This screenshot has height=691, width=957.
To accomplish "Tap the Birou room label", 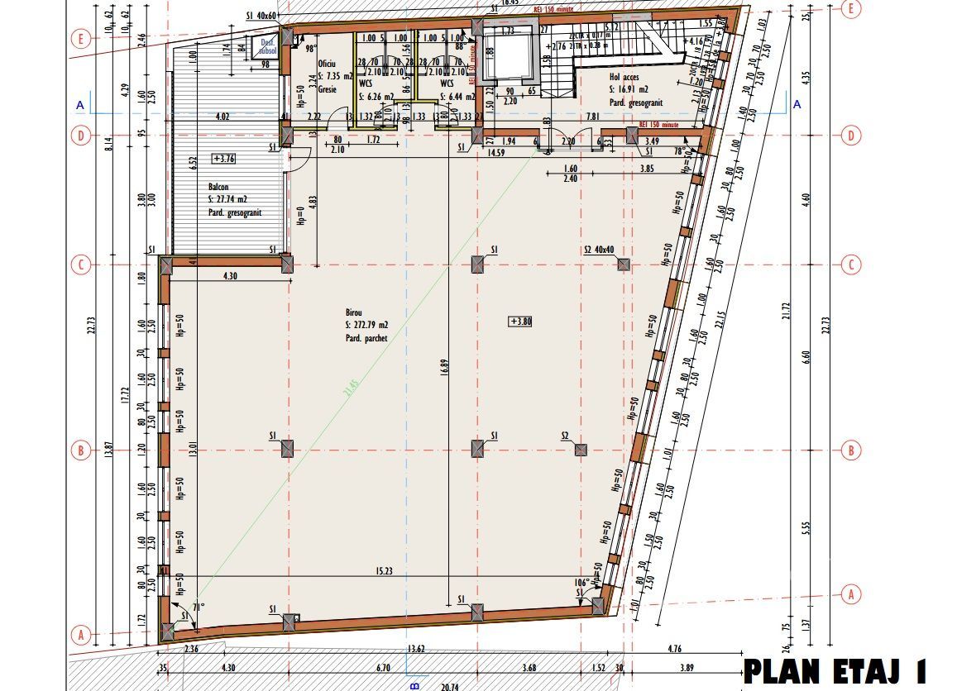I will click(x=354, y=312).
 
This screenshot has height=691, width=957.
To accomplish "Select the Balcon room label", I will click(x=218, y=188).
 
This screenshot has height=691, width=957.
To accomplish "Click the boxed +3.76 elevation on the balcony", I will click(x=223, y=158).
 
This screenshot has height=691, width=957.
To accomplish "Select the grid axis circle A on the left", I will click(x=80, y=635).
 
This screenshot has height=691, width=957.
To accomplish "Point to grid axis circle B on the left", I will click(x=80, y=451).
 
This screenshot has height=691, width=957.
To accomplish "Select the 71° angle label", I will click(x=198, y=608).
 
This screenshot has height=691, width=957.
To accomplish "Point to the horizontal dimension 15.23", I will click(x=383, y=570).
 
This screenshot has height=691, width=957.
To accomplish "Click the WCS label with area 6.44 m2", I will click(x=447, y=83).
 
